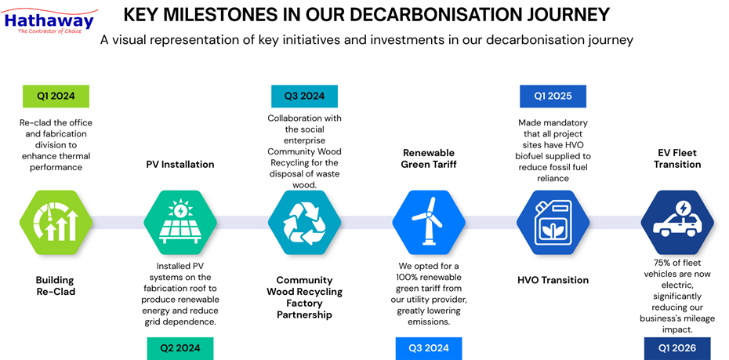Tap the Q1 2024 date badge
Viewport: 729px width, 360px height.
click(56, 96)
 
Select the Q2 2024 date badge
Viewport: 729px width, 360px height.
click(180, 348)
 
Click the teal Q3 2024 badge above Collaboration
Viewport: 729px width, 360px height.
click(303, 96)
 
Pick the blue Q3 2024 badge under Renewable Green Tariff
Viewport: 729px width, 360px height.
click(428, 348)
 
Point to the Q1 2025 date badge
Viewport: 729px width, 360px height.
click(553, 96)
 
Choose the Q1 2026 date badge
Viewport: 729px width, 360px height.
click(676, 348)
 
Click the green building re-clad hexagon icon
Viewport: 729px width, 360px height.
click(56, 222)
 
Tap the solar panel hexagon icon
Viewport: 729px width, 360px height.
click(180, 222)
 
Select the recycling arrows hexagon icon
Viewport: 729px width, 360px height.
click(304, 222)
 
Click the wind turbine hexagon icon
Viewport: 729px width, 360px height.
click(428, 222)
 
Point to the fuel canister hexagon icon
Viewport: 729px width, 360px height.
click(553, 222)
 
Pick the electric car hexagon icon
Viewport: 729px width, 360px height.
click(676, 222)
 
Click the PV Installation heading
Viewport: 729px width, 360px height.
click(180, 165)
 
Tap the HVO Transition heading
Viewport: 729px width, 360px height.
click(553, 280)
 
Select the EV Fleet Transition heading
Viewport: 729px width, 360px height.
click(677, 158)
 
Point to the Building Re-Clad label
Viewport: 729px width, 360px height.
click(55, 285)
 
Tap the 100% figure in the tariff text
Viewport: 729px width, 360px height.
click(412, 278)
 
